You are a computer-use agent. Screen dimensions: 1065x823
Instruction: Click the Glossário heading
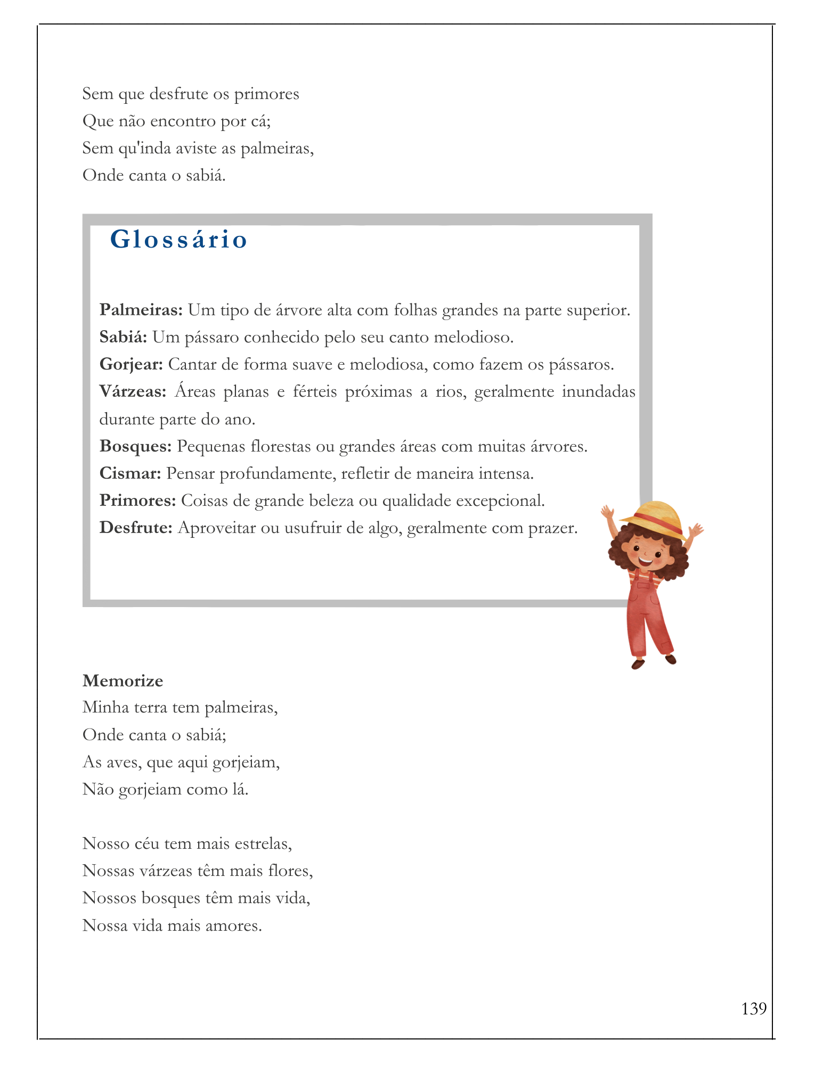[178, 240]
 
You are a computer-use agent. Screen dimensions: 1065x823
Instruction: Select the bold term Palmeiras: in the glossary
[141, 310]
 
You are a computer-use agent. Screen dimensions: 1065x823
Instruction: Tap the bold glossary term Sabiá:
[123, 337]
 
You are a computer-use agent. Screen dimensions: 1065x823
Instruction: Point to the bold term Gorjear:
[131, 365]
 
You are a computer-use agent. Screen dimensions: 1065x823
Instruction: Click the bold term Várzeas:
[133, 392]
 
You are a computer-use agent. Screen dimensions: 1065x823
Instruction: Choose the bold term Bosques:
[135, 446]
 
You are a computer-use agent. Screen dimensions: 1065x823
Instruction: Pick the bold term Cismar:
[130, 473]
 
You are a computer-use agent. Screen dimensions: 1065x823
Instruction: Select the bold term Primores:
[137, 501]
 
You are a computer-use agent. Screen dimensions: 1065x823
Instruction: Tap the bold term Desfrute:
[136, 528]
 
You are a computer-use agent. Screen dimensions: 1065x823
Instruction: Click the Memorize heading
[123, 681]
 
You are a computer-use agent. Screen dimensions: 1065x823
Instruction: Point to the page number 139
[754, 1009]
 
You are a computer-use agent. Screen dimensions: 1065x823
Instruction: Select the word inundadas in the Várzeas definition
[599, 392]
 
